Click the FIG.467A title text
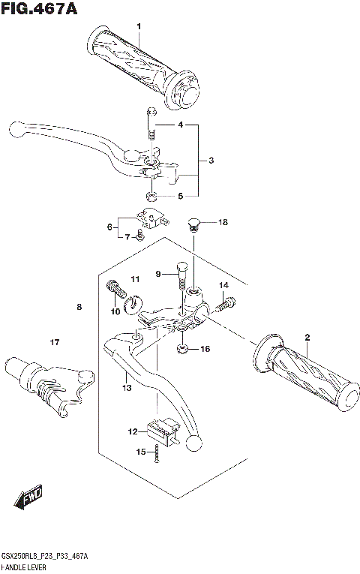tap(40, 9)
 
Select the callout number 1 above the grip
tap(138, 27)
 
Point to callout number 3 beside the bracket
tap(211, 161)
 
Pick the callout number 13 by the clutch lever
tap(127, 388)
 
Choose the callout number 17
tap(53, 343)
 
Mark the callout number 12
tap(133, 431)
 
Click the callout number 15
tap(139, 451)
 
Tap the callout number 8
tap(78, 307)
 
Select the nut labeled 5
tap(150, 197)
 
